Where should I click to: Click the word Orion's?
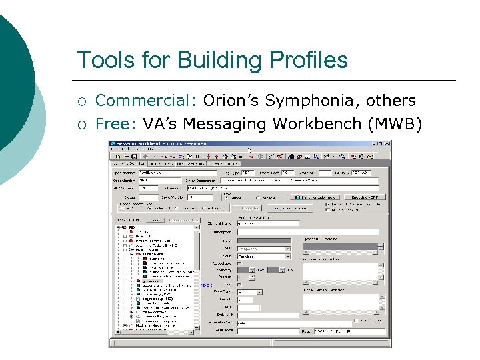coord(231,101)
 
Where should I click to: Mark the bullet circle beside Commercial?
coord(82,102)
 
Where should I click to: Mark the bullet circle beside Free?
coord(82,125)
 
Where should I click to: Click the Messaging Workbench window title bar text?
coord(160,143)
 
